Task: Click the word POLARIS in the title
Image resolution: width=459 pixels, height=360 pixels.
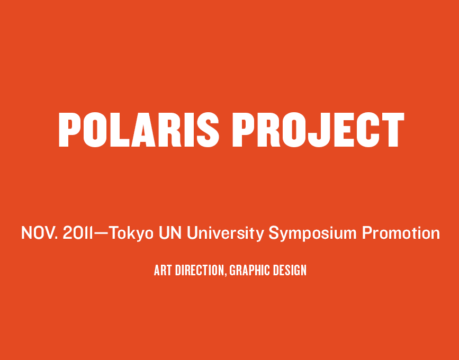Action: click(x=139, y=130)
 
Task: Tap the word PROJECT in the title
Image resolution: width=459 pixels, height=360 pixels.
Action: click(x=319, y=130)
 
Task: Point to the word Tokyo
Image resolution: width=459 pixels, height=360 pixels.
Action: click(x=131, y=233)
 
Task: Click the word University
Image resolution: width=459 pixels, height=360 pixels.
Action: click(x=226, y=233)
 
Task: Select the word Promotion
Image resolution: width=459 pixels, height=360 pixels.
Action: click(x=401, y=233)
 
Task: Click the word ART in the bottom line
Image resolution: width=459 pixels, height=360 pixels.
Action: click(x=163, y=270)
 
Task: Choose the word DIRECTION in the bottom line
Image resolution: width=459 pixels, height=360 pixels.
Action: click(x=200, y=270)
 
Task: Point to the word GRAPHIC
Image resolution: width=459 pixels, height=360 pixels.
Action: click(x=250, y=270)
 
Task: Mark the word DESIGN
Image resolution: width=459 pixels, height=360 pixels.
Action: click(x=290, y=270)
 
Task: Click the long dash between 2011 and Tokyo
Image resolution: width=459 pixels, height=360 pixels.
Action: click(x=101, y=233)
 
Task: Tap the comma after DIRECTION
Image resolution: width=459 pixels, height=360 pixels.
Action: click(x=226, y=275)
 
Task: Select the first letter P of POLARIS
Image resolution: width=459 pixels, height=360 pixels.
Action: click(x=70, y=130)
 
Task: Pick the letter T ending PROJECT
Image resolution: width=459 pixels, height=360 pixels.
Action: click(x=393, y=130)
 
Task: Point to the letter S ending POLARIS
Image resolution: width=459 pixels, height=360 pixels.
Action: click(x=208, y=130)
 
